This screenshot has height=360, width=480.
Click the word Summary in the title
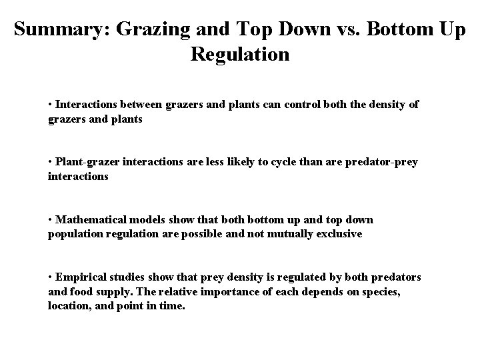(x=55, y=30)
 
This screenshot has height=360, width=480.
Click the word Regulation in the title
(x=240, y=54)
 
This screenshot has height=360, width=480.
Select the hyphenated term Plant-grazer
(x=85, y=162)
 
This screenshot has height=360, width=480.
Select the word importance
(x=226, y=291)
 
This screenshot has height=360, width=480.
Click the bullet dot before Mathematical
(x=51, y=219)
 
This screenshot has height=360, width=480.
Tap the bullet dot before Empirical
(x=51, y=277)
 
